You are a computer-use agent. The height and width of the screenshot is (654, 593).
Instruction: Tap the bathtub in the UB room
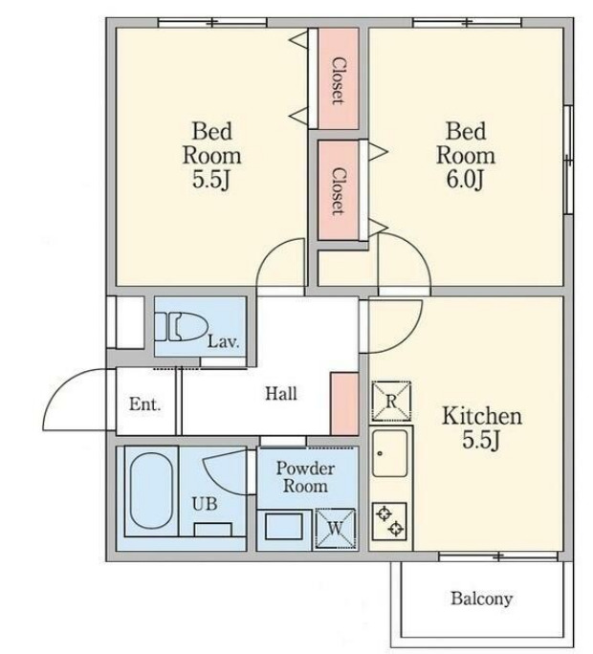click(151, 490)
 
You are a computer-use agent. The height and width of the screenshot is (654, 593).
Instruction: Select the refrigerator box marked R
click(391, 402)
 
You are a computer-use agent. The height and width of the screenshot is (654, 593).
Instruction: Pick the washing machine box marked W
click(336, 528)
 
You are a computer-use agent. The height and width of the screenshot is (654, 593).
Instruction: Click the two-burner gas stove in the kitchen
click(390, 520)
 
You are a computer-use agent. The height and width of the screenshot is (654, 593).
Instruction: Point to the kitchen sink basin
click(390, 453)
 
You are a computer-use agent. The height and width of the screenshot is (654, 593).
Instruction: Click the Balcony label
click(481, 599)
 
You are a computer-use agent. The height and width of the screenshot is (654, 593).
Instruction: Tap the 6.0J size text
click(465, 180)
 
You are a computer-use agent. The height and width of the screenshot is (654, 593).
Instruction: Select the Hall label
click(281, 394)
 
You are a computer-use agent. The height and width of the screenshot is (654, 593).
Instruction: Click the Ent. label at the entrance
click(144, 404)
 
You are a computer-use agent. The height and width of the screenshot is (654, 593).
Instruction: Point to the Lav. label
click(224, 341)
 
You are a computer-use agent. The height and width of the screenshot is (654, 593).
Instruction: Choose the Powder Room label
click(305, 477)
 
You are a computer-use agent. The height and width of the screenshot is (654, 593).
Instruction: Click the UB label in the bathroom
click(205, 504)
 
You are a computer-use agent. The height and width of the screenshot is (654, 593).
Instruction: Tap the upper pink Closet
click(339, 78)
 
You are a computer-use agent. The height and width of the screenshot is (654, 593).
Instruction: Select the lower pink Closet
click(338, 190)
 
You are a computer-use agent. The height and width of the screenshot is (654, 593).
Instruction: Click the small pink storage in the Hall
click(344, 403)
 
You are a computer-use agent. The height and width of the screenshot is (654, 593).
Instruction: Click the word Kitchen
click(482, 416)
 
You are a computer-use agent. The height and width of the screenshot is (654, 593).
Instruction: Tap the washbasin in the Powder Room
click(284, 527)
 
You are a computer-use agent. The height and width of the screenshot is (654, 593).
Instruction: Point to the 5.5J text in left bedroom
click(211, 180)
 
